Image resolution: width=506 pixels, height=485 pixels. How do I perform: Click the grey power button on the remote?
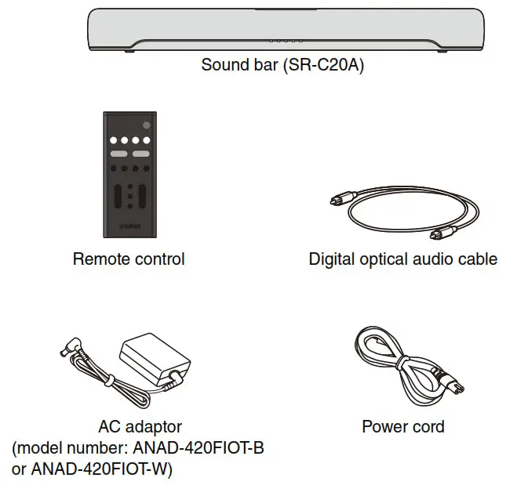click(x=146, y=127)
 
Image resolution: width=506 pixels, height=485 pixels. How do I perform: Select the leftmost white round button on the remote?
click(x=113, y=143)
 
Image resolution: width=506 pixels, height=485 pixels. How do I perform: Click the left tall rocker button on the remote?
click(x=118, y=196)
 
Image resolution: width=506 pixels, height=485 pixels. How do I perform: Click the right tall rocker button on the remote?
click(x=142, y=196)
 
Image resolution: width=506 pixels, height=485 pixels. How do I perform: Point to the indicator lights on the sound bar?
click(x=286, y=41)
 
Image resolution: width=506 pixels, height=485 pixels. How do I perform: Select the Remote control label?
click(x=129, y=259)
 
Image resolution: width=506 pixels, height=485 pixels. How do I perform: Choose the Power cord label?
click(x=402, y=427)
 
